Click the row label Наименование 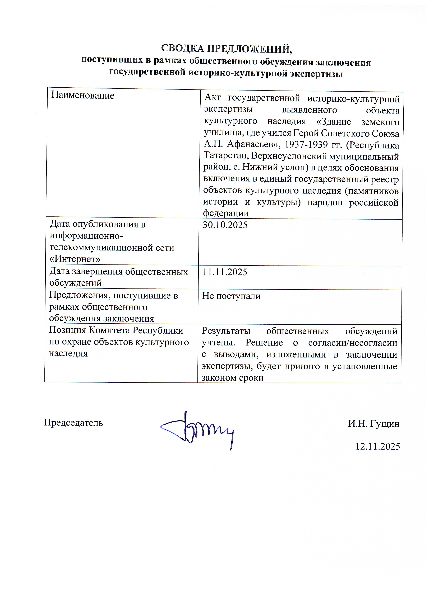[83, 95]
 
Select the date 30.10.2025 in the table [225, 225]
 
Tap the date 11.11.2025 [225, 272]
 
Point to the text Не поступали [231, 296]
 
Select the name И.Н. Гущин [373, 424]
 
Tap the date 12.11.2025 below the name [377, 447]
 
